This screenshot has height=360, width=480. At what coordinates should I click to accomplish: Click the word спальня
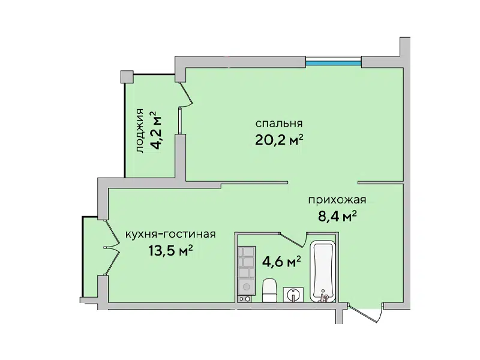click(279, 124)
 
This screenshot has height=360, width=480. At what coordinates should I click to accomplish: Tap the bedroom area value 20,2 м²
click(279, 140)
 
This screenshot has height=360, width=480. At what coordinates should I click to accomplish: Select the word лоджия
click(140, 131)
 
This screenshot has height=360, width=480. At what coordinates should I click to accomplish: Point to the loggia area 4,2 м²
click(157, 130)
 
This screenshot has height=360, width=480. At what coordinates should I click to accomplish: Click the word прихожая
click(337, 200)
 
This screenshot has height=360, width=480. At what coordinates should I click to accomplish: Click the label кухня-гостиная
click(170, 235)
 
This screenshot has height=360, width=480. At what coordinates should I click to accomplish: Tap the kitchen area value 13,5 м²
click(170, 251)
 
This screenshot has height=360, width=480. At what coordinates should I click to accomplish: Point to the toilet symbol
click(269, 290)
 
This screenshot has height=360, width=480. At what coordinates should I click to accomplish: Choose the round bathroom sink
click(293, 295)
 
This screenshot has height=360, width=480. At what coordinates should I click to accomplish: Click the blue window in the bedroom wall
click(334, 64)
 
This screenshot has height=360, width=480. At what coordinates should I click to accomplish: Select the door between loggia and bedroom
click(185, 95)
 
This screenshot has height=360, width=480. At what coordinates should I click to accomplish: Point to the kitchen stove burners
click(245, 299)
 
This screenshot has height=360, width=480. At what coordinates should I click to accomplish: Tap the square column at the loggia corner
click(127, 77)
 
